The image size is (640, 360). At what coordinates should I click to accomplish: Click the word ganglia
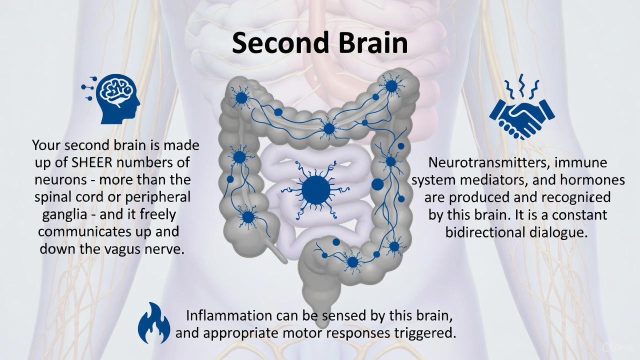[67, 214]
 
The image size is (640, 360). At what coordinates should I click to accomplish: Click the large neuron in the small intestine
[316, 189]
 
